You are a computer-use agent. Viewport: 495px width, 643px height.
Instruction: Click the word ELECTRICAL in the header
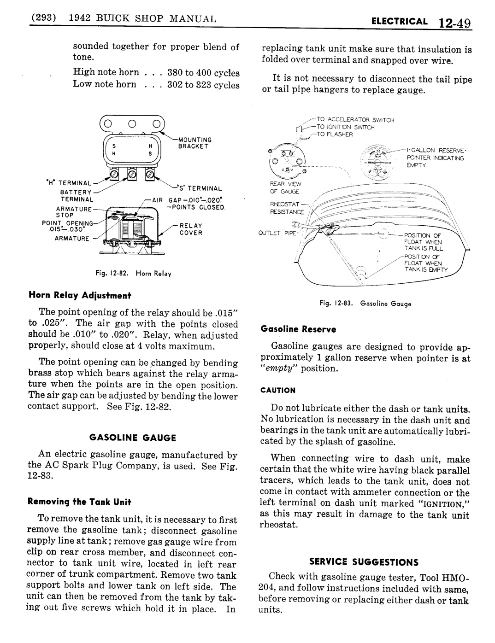click(406, 21)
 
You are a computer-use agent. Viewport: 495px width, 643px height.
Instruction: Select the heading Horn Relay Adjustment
click(80, 295)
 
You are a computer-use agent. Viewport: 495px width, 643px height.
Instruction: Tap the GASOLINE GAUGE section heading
click(133, 438)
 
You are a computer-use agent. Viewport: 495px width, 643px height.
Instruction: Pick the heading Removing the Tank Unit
click(80, 501)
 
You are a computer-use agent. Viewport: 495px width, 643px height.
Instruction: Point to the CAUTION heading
click(278, 390)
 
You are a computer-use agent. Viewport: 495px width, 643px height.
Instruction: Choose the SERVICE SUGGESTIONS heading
click(364, 562)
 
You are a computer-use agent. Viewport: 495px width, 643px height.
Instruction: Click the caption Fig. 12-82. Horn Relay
click(133, 274)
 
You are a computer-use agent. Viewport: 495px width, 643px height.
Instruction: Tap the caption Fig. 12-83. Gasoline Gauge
click(365, 304)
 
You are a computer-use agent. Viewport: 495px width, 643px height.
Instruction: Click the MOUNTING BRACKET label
click(194, 143)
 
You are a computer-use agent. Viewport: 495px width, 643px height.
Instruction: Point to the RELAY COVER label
click(191, 229)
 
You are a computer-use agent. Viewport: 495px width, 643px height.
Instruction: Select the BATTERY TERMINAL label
click(77, 196)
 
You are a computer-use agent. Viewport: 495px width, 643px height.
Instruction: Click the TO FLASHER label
click(334, 134)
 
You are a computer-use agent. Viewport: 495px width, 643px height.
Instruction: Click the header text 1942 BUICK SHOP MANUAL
click(142, 19)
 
